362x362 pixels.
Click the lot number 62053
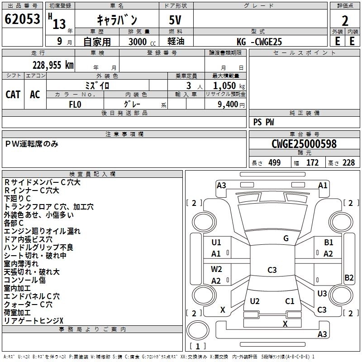click(22, 19)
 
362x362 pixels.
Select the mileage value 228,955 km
click(53, 65)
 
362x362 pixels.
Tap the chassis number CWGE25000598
click(305, 144)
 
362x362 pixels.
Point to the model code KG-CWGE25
click(259, 42)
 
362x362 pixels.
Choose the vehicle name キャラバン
click(117, 20)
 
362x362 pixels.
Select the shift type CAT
click(13, 95)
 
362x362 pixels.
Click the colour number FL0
click(75, 104)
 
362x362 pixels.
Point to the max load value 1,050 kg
click(228, 86)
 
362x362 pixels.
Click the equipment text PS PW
click(263, 122)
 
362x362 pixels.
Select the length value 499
click(275, 163)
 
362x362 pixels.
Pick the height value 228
click(348, 163)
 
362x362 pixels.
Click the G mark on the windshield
click(286, 238)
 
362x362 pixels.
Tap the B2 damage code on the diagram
click(349, 278)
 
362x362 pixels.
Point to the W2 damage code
click(216, 269)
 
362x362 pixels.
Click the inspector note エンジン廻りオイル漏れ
click(42, 231)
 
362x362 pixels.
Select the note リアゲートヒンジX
click(33, 320)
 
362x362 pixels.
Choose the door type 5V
click(176, 20)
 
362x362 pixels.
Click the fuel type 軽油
click(176, 42)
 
